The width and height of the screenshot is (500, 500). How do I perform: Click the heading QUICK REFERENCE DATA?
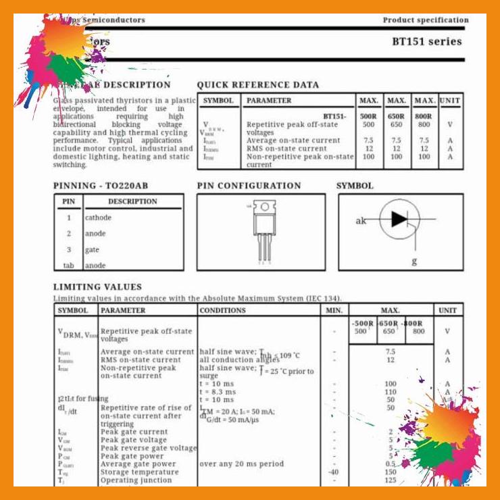click(x=257, y=85)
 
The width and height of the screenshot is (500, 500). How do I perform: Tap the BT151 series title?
click(x=427, y=41)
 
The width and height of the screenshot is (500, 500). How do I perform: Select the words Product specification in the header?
click(x=425, y=20)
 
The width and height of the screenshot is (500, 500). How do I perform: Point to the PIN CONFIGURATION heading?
click(x=249, y=186)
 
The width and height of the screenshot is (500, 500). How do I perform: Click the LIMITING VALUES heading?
click(x=97, y=287)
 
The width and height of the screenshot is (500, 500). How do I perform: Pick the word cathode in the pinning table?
click(x=98, y=218)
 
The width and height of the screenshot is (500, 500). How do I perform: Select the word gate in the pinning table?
click(x=92, y=250)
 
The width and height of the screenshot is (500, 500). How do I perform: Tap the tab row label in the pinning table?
click(x=68, y=266)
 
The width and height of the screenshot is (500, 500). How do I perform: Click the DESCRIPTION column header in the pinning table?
click(x=132, y=201)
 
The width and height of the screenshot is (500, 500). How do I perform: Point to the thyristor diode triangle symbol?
click(x=399, y=219)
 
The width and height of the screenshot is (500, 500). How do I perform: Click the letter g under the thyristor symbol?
click(x=414, y=261)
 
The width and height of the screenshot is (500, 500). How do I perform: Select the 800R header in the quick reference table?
click(x=424, y=116)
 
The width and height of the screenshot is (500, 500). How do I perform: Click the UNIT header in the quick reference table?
click(x=449, y=101)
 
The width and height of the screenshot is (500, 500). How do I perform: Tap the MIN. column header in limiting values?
click(x=334, y=310)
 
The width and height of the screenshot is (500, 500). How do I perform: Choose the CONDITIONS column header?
click(x=222, y=310)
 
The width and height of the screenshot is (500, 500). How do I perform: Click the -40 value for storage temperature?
click(x=333, y=472)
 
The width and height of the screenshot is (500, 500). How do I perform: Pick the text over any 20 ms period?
click(x=241, y=464)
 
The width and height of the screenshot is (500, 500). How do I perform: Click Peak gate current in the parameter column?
click(x=134, y=432)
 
